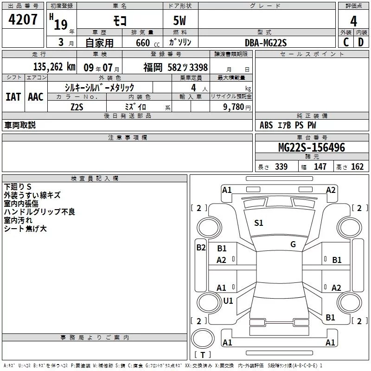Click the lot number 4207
[x=23, y=19]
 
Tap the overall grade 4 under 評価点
[x=353, y=21]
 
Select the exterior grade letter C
[x=346, y=42]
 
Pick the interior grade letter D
[x=361, y=42]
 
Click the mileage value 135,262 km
[x=54, y=67]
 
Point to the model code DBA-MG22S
[x=266, y=43]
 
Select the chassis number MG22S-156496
[x=312, y=147]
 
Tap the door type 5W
[x=179, y=20]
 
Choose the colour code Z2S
[x=77, y=107]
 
